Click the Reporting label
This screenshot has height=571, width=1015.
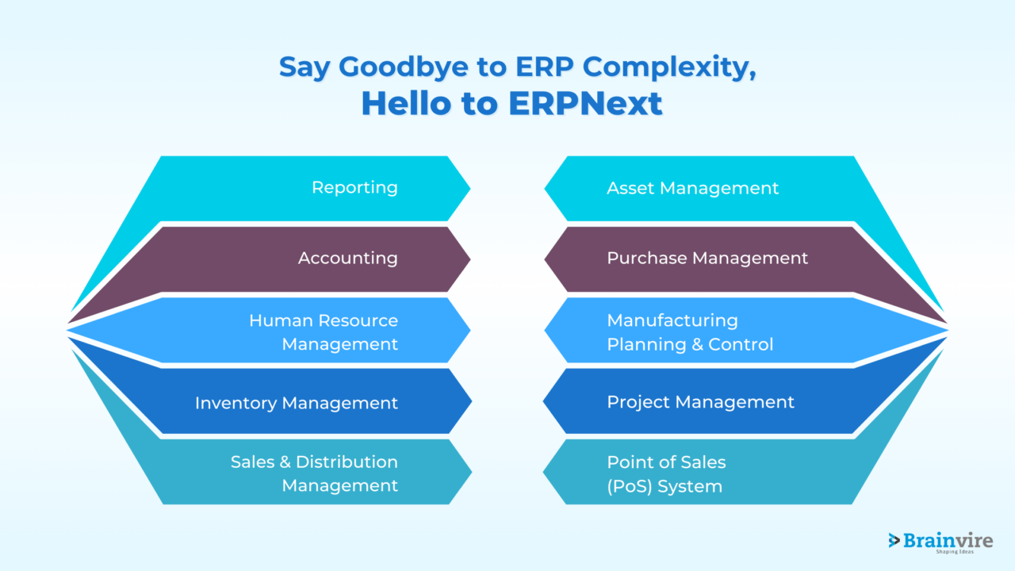(354, 188)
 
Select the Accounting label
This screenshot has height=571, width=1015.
(347, 258)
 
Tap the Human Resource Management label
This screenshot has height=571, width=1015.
(324, 332)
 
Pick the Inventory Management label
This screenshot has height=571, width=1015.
(297, 403)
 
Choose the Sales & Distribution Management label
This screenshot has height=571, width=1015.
(314, 473)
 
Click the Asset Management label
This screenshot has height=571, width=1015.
(692, 188)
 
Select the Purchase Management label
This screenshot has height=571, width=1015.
(707, 258)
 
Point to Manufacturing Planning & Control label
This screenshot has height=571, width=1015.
(690, 332)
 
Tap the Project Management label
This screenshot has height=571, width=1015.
(700, 402)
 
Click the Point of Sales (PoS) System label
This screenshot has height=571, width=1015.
(666, 473)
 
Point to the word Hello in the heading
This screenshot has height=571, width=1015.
(406, 104)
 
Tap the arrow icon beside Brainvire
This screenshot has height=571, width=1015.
(894, 540)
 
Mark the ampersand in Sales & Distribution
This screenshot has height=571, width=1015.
(285, 462)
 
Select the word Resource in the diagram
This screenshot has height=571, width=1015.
(356, 320)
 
